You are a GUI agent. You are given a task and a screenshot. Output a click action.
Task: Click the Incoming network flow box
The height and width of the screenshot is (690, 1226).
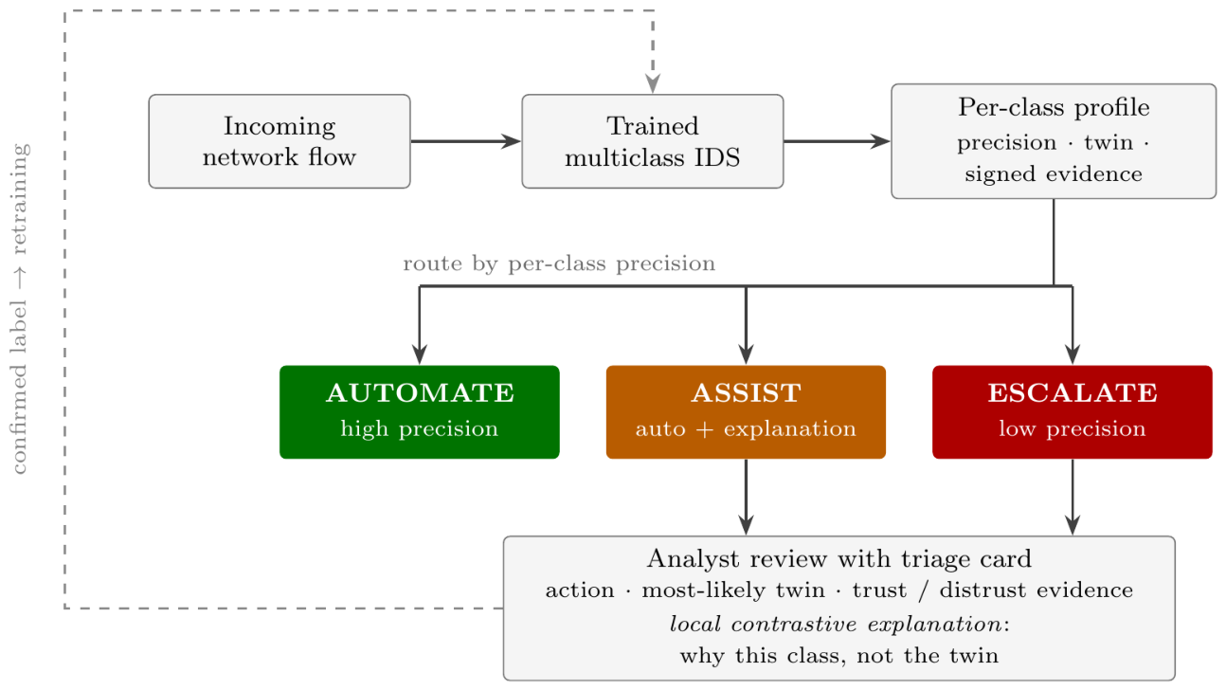pyautogui.click(x=279, y=141)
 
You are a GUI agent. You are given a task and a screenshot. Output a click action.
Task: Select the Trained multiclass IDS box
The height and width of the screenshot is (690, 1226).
pyautogui.click(x=653, y=141)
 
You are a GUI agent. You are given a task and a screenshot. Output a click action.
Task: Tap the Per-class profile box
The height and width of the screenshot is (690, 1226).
pyautogui.click(x=1054, y=141)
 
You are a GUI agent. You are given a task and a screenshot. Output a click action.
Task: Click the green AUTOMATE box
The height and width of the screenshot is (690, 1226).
pyautogui.click(x=420, y=411)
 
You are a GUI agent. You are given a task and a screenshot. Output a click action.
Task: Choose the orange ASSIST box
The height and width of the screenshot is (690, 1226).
pyautogui.click(x=746, y=411)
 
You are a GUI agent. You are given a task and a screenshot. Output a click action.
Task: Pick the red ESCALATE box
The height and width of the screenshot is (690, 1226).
pyautogui.click(x=1073, y=411)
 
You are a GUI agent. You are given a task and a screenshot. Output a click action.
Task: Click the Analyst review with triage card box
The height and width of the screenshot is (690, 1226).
pyautogui.click(x=839, y=608)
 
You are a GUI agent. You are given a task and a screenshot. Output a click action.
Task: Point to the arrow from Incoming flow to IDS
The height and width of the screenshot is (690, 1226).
pyautogui.click(x=466, y=141)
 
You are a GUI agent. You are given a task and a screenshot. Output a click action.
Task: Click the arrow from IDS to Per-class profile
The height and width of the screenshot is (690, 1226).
pyautogui.click(x=838, y=141)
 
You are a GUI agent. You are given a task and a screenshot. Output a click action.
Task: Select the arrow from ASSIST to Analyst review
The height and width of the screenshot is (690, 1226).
pyautogui.click(x=746, y=498)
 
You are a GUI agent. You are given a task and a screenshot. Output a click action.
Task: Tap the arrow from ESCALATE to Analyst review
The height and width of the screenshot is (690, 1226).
pyautogui.click(x=1073, y=498)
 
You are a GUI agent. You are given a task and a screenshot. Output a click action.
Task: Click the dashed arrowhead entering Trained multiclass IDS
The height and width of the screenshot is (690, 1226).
pyautogui.click(x=653, y=84)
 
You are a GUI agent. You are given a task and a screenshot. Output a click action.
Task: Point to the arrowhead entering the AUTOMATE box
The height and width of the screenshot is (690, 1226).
pyautogui.click(x=420, y=354)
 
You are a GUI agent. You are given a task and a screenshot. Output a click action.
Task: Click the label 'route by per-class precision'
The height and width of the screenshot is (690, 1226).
pyautogui.click(x=559, y=263)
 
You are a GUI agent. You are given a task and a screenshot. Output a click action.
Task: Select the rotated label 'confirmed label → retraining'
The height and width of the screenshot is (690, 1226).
pyautogui.click(x=19, y=308)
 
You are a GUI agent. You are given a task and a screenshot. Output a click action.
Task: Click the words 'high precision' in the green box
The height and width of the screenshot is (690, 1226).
pyautogui.click(x=420, y=429)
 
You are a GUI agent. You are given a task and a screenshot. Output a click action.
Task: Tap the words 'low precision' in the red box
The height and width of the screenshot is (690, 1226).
pyautogui.click(x=1073, y=429)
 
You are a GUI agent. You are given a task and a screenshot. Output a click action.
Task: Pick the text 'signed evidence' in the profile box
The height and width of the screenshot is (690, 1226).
pyautogui.click(x=1054, y=174)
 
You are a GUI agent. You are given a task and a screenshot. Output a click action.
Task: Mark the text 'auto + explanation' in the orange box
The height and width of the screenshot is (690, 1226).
pyautogui.click(x=746, y=429)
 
